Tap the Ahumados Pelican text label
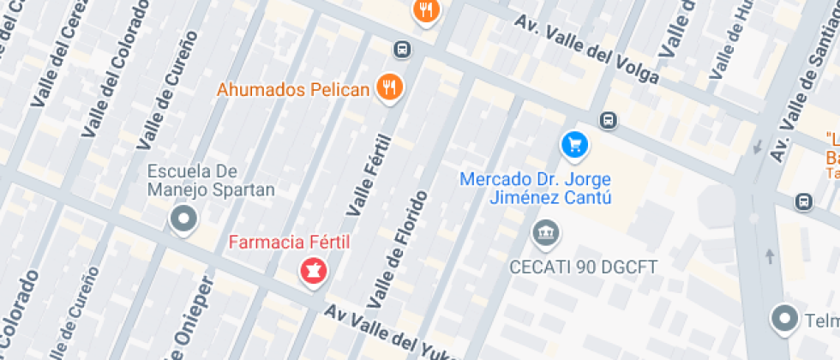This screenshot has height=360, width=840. (x=293, y=89)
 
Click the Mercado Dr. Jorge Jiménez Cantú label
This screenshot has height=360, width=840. (x=536, y=189)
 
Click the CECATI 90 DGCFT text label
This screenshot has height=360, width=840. (x=583, y=267)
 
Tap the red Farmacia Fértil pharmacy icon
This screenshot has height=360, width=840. (x=312, y=272)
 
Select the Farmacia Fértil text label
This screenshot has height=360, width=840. (x=290, y=243)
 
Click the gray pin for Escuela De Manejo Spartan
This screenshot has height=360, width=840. (x=183, y=219)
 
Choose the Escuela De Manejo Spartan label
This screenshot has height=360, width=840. (x=211, y=180)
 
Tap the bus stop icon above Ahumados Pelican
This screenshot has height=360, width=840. (x=401, y=49)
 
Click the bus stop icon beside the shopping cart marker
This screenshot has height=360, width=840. (x=609, y=120)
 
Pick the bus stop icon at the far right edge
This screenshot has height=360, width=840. (x=803, y=201)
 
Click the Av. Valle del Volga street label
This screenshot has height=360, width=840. (x=587, y=51)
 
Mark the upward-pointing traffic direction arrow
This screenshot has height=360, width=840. (x=769, y=255)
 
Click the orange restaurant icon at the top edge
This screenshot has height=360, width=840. (x=426, y=10)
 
